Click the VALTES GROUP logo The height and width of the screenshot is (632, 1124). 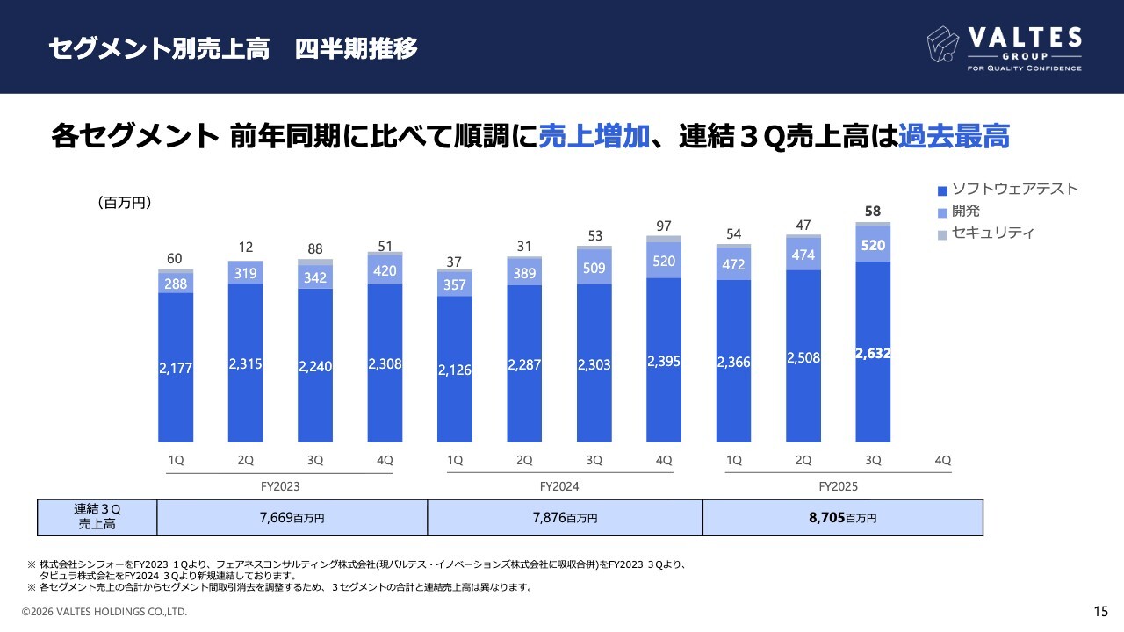click(x=1005, y=47)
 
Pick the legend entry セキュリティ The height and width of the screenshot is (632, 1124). click(x=986, y=233)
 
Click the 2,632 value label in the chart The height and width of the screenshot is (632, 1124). click(x=873, y=353)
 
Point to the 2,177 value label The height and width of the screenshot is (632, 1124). click(x=176, y=369)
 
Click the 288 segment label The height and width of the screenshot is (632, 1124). click(x=176, y=284)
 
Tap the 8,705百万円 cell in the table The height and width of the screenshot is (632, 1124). click(x=842, y=518)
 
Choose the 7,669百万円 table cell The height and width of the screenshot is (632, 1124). click(x=292, y=518)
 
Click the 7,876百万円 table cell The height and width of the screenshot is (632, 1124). click(x=565, y=518)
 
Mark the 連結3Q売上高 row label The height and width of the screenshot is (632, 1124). click(x=97, y=517)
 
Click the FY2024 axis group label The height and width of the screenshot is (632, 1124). click(x=559, y=486)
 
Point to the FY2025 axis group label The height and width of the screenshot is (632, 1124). click(x=838, y=486)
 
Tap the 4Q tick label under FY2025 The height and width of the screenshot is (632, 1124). click(x=942, y=460)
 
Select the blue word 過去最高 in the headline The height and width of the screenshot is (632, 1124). click(x=954, y=137)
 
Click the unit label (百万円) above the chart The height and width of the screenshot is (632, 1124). click(x=125, y=203)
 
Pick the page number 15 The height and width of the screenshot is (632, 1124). click(x=1100, y=611)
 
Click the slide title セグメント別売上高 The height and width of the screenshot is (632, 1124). click(x=158, y=48)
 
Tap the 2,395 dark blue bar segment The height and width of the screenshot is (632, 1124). click(x=664, y=361)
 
